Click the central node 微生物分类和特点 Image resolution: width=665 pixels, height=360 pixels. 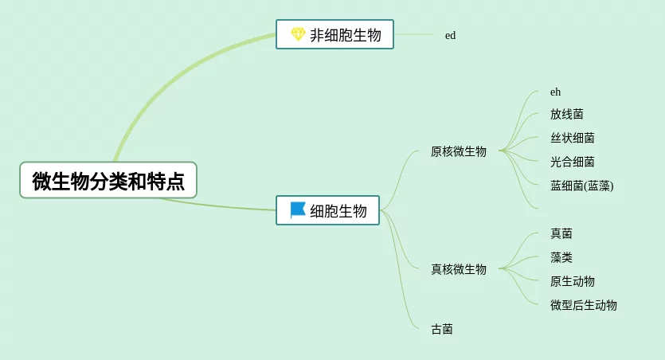(x=108, y=181)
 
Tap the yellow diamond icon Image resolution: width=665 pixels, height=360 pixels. (x=298, y=34)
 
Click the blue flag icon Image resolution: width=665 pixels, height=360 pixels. (x=298, y=210)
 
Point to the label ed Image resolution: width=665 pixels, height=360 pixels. (x=450, y=35)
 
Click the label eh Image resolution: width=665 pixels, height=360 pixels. (x=555, y=92)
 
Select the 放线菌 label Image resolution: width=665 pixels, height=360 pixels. (x=566, y=114)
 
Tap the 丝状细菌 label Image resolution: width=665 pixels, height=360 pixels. (x=572, y=138)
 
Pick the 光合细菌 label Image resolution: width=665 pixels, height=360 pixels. (x=572, y=162)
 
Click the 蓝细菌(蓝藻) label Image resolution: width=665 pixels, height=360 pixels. (x=581, y=186)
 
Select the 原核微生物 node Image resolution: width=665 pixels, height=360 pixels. (x=458, y=151)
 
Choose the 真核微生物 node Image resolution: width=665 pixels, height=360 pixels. (x=458, y=269)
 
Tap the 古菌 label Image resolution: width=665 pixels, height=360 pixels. (x=442, y=329)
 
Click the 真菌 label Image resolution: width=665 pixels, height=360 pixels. (x=561, y=233)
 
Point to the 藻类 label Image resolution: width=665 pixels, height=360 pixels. (x=561, y=257)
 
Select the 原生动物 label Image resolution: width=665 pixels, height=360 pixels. (x=572, y=281)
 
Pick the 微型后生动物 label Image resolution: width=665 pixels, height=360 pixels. (x=583, y=305)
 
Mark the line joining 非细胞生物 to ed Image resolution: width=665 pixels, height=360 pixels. (x=414, y=34)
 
